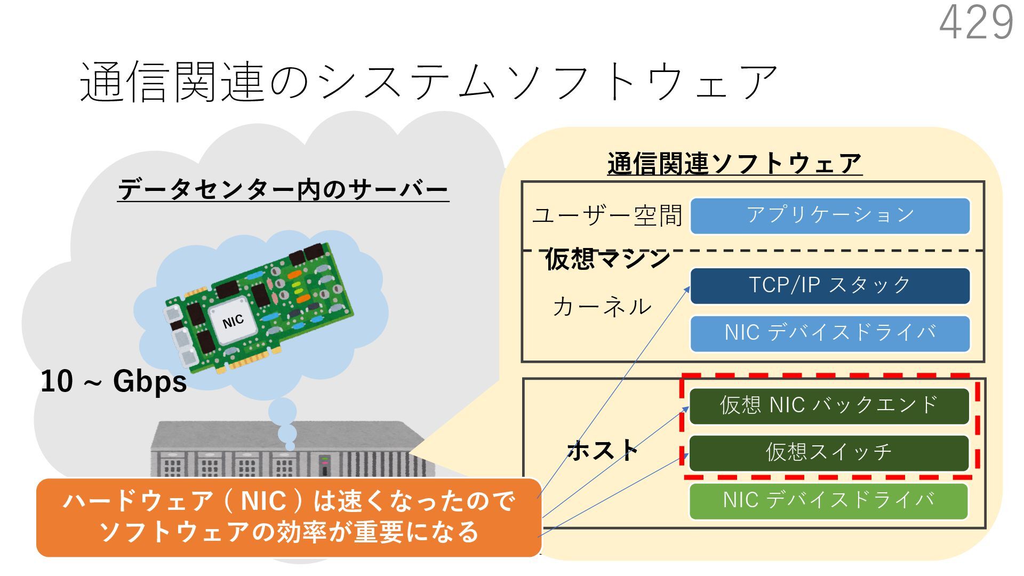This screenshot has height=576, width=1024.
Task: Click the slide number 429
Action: tap(975, 23)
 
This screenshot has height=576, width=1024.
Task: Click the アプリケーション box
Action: tap(830, 216)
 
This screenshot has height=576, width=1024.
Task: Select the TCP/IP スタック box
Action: tap(830, 286)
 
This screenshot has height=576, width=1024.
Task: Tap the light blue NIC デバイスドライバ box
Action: tap(830, 333)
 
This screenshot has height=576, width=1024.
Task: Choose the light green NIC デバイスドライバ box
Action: tap(828, 501)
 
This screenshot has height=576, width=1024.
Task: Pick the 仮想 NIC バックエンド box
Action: tap(829, 406)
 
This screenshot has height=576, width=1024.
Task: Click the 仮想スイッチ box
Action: tap(829, 453)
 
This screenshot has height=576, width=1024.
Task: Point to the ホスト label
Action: tap(603, 451)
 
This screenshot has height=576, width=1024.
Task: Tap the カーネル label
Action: tap(602, 307)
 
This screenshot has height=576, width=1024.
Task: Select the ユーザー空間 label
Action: tap(607, 216)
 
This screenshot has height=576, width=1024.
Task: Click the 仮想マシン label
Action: tap(607, 259)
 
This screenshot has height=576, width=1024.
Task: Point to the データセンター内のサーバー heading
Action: tap(283, 190)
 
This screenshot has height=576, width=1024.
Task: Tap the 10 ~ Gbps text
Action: tap(114, 382)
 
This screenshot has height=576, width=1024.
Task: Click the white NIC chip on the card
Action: tap(232, 321)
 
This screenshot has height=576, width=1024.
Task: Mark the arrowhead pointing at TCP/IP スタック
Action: tap(687, 290)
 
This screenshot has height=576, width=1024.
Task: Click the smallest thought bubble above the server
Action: tap(290, 446)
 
